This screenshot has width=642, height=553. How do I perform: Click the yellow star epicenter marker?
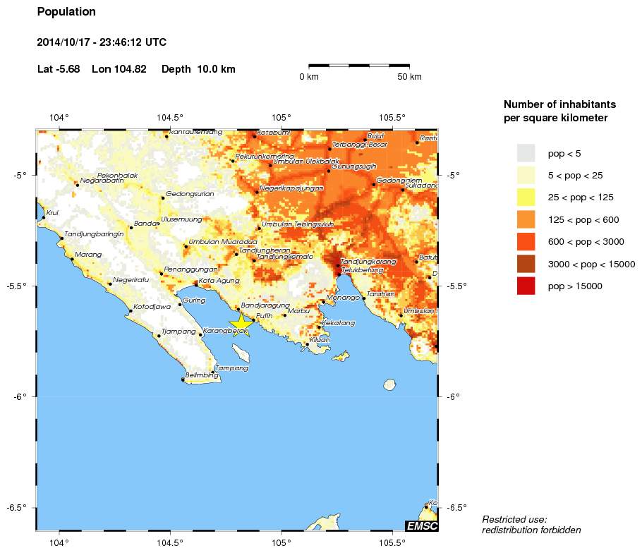241,323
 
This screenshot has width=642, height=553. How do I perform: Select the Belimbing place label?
201,375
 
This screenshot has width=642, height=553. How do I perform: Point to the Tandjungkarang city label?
368,262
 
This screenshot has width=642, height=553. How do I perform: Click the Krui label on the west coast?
52,212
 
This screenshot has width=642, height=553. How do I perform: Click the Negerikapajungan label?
291,188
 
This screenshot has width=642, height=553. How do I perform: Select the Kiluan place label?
320,340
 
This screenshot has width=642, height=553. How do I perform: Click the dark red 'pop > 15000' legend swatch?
526,286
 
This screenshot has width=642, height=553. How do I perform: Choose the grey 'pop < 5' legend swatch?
526,153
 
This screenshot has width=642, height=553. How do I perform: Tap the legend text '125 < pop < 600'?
583,219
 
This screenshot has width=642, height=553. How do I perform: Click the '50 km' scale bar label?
409,77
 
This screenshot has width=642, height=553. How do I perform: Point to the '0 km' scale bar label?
310,77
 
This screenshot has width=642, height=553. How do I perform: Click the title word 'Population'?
66,12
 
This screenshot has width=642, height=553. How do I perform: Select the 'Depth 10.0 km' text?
198,69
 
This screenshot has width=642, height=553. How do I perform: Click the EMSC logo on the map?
421,525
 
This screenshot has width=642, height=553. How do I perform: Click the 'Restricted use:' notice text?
514,519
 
